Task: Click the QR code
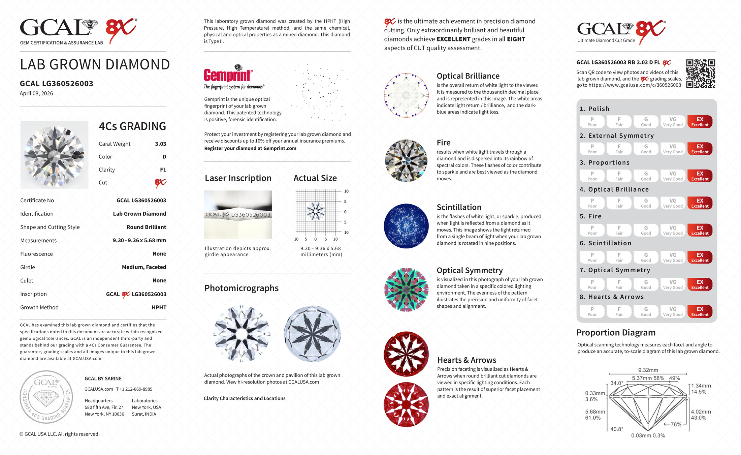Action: [701, 74]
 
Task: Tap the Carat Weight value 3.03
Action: [160, 144]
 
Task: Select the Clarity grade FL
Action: [163, 170]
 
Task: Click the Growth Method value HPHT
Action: [159, 307]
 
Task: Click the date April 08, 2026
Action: [36, 94]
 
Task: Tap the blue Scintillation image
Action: [406, 226]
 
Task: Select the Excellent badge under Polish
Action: [700, 122]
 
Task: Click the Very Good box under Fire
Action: [673, 230]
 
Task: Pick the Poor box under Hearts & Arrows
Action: [592, 311]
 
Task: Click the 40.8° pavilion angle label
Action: [617, 429]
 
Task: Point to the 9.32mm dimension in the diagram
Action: [648, 370]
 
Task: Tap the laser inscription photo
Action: [238, 215]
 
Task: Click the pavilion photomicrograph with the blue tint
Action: [312, 334]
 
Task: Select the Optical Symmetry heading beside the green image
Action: [470, 271]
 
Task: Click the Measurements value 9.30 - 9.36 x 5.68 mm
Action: [139, 241]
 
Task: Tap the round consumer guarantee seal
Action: [46, 397]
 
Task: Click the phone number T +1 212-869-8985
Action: [134, 389]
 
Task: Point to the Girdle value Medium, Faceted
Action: [144, 267]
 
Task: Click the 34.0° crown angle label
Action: [617, 383]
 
